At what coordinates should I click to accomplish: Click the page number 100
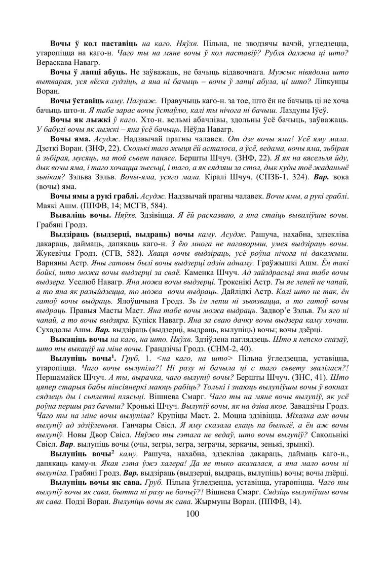pyautogui.click(x=192, y=514)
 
